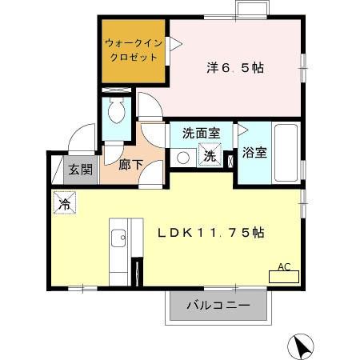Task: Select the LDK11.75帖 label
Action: tap(211, 233)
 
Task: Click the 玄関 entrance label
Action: tap(79, 169)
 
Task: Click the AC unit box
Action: tap(285, 273)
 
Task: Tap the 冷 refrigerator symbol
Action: tap(64, 204)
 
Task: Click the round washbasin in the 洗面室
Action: tap(182, 158)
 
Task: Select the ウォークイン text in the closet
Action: tap(133, 45)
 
